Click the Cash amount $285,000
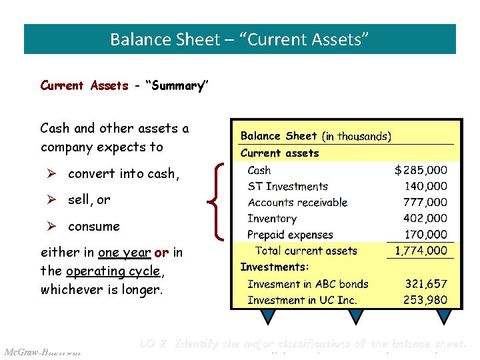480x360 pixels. coord(421,171)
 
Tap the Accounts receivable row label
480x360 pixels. coord(297,203)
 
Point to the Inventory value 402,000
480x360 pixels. coord(425,219)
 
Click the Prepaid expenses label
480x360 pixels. coord(290,235)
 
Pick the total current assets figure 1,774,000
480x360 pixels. coord(421,251)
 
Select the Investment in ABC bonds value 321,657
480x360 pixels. coord(426,284)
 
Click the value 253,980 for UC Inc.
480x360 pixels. coord(425,300)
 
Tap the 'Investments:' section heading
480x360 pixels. coord(275,267)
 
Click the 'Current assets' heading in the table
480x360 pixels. coord(279,153)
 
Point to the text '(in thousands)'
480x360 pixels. coord(357,137)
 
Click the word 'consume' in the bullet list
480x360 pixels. coord(94,227)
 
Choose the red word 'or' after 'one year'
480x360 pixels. coord(161,253)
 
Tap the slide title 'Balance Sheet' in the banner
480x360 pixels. coord(164,39)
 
